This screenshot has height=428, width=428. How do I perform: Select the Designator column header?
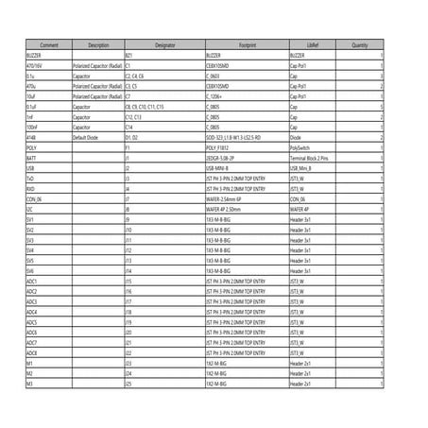pos(164,44)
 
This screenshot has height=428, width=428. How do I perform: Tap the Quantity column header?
pos(360,44)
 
